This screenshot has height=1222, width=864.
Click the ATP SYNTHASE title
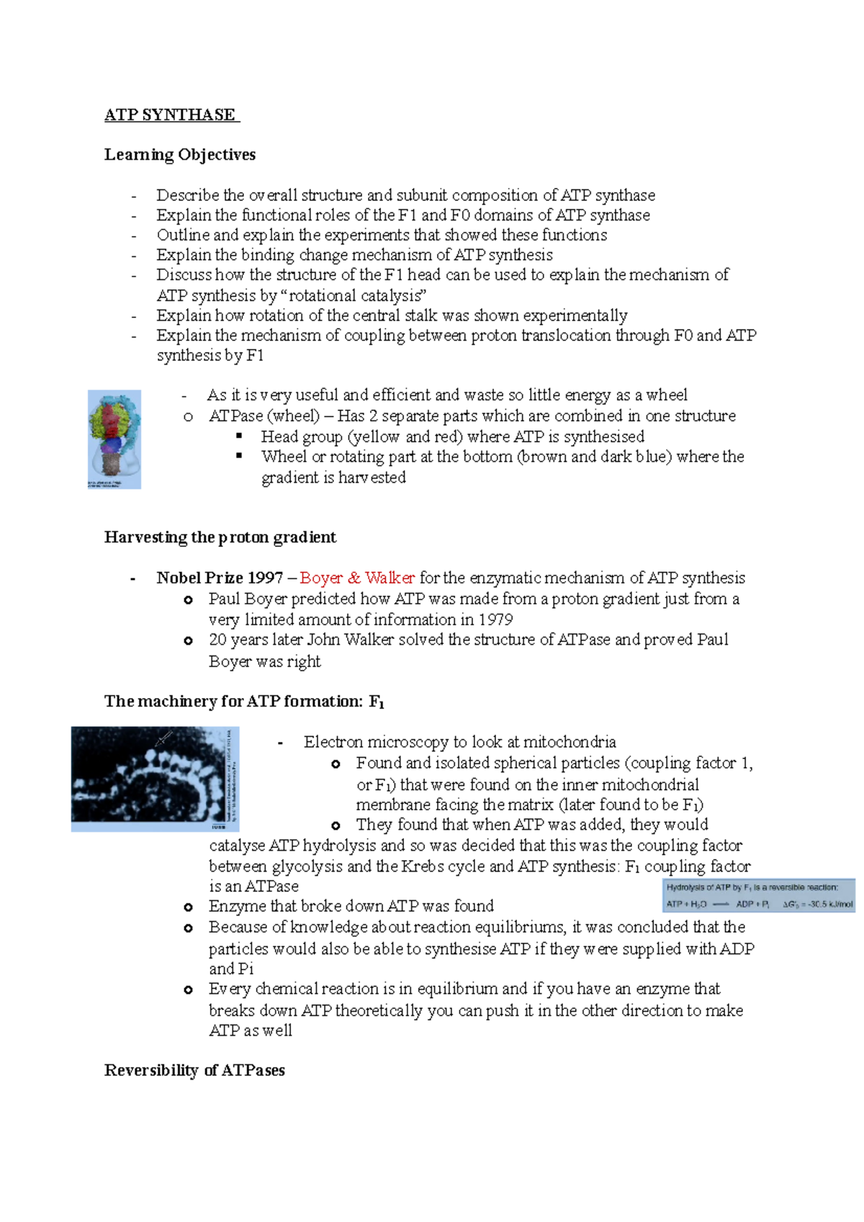[x=171, y=115]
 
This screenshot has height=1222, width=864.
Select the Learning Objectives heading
[x=180, y=155]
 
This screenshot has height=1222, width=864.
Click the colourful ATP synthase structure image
[x=114, y=439]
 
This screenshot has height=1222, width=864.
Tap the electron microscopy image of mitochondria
[x=155, y=779]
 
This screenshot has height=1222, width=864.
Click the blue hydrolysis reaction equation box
[x=759, y=896]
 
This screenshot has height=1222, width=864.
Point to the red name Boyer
[x=320, y=578]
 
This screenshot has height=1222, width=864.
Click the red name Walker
[x=390, y=578]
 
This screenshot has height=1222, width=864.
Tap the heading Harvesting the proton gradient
[x=220, y=538]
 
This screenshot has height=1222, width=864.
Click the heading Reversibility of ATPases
[x=194, y=1070]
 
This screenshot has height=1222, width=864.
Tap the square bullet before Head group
[x=240, y=436]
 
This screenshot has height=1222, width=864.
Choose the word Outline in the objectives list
[x=183, y=235]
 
